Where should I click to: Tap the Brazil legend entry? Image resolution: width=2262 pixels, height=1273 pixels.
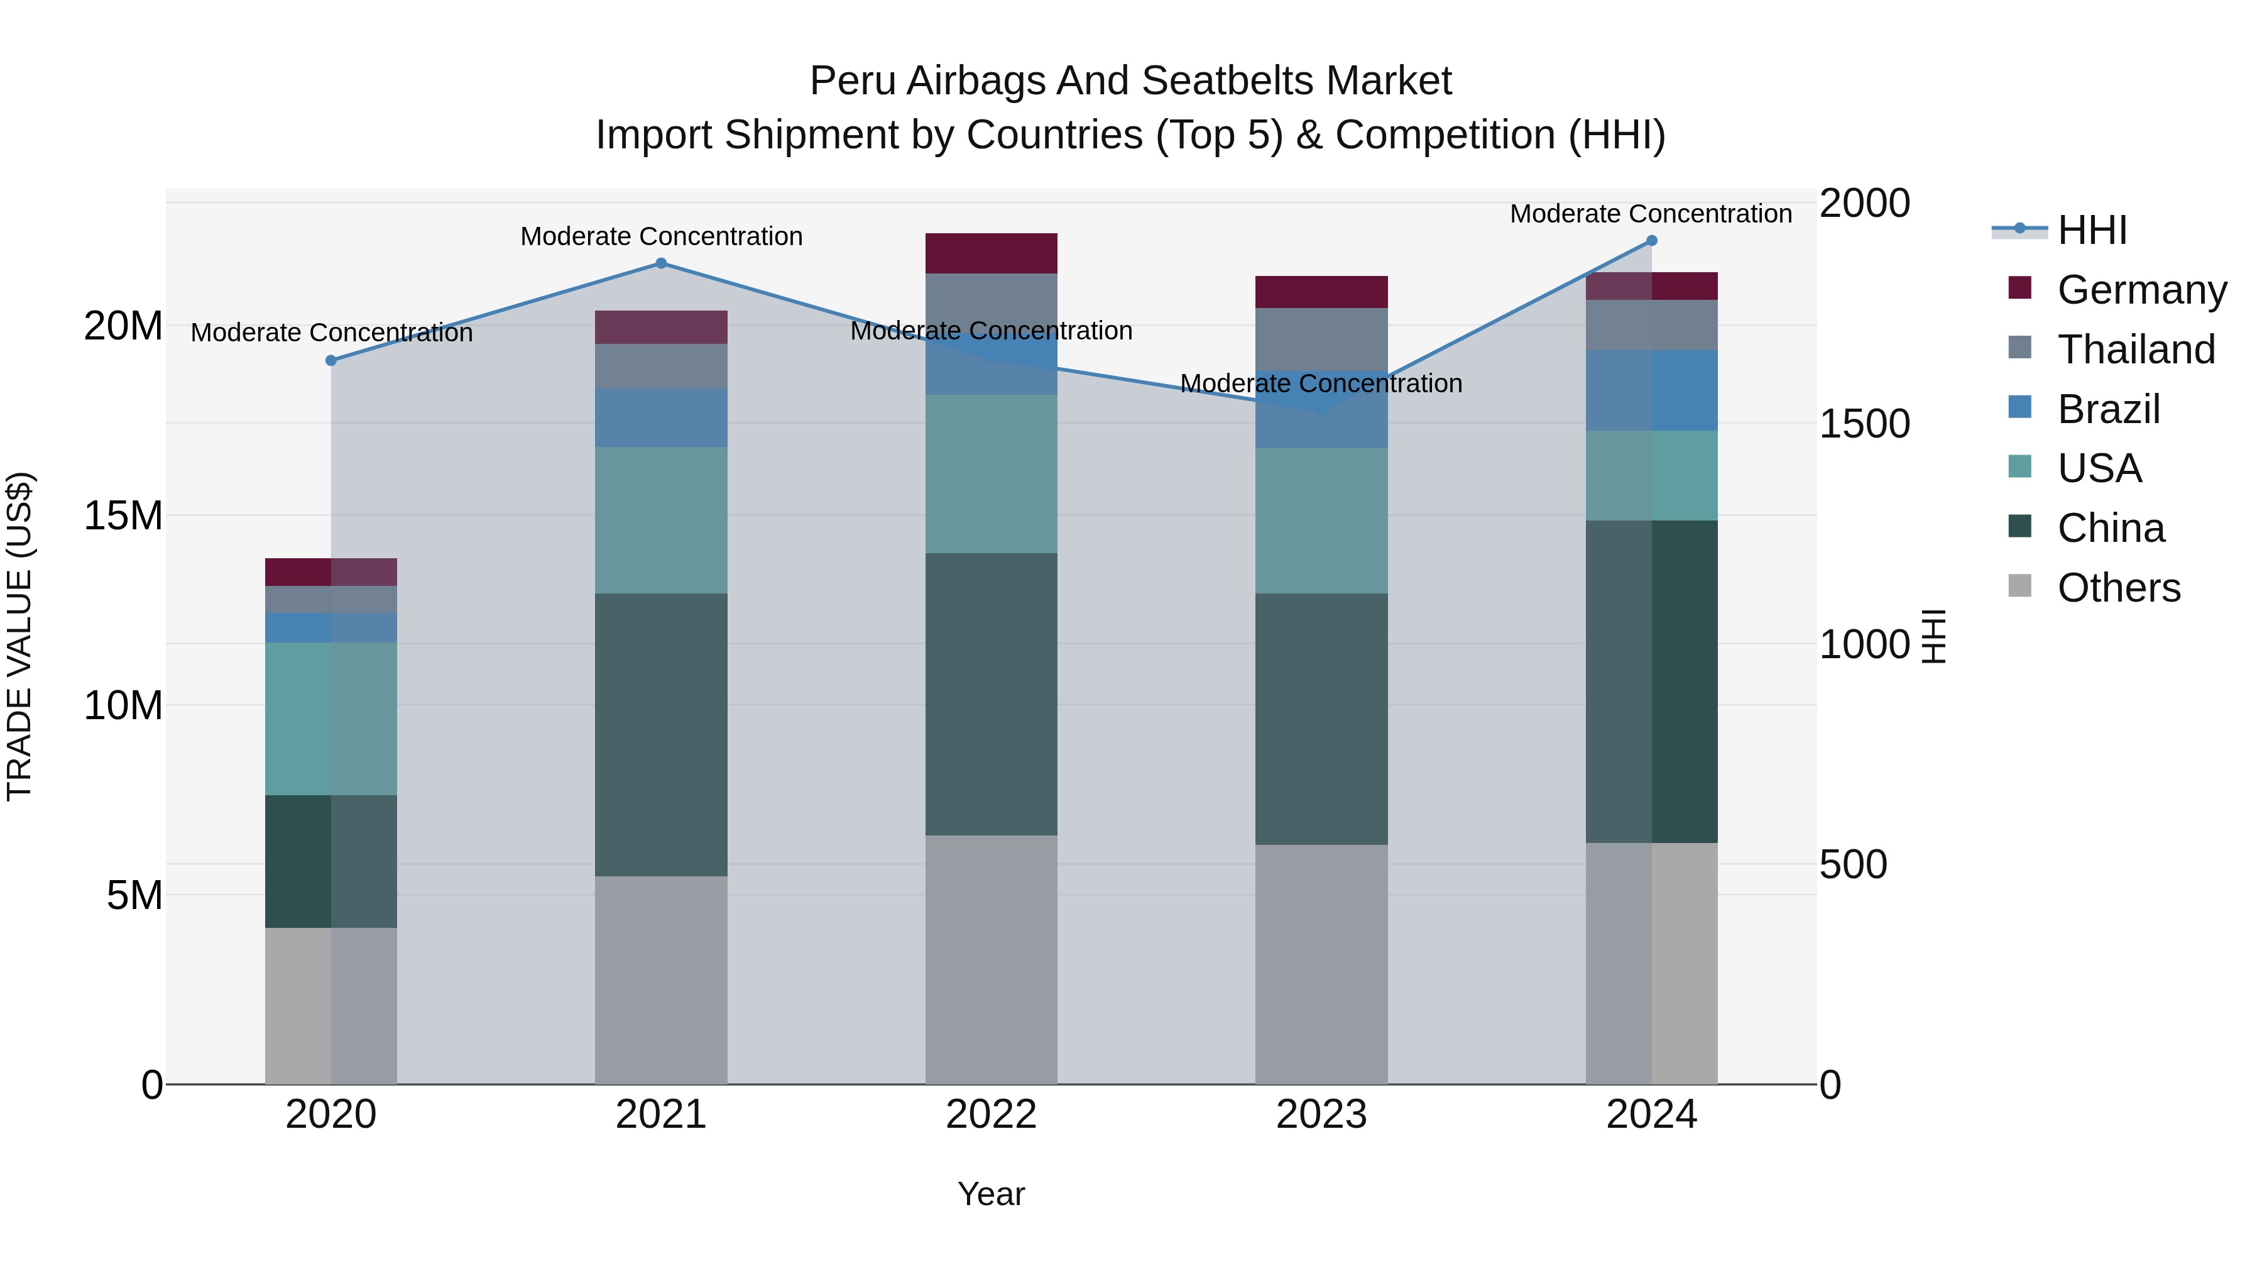click(2107, 409)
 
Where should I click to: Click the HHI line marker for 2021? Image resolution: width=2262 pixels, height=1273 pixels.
click(661, 263)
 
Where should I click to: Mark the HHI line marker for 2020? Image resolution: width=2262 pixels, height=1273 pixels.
click(331, 360)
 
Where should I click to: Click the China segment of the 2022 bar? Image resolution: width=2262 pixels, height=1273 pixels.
click(992, 694)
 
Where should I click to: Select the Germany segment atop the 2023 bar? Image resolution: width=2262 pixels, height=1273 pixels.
click(1321, 292)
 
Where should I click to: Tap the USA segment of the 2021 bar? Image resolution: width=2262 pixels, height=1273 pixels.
click(661, 520)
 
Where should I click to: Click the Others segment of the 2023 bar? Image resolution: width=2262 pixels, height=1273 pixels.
click(1321, 964)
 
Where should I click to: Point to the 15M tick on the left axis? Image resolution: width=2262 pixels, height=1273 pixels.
click(123, 515)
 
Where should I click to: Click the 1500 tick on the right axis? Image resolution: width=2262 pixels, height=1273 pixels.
click(1864, 424)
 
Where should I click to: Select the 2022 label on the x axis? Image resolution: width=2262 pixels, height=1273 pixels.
click(992, 1115)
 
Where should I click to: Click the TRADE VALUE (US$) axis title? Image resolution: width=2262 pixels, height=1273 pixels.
click(19, 636)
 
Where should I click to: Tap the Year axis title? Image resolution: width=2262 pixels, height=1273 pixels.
click(992, 1194)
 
